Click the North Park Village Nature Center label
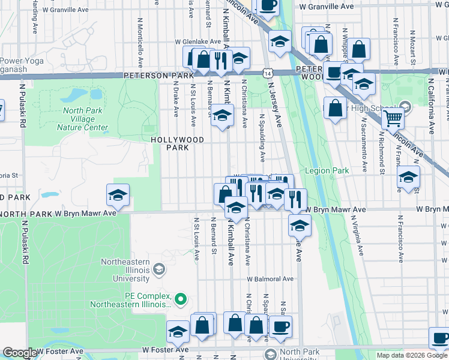point(82,119)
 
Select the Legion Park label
point(327,171)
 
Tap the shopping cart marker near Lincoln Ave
point(393,119)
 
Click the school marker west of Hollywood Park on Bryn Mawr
point(118,194)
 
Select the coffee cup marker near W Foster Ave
point(280,326)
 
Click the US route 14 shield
point(267,73)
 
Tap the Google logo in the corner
point(19,353)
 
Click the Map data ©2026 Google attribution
point(412,355)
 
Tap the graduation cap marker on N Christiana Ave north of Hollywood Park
point(222,115)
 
